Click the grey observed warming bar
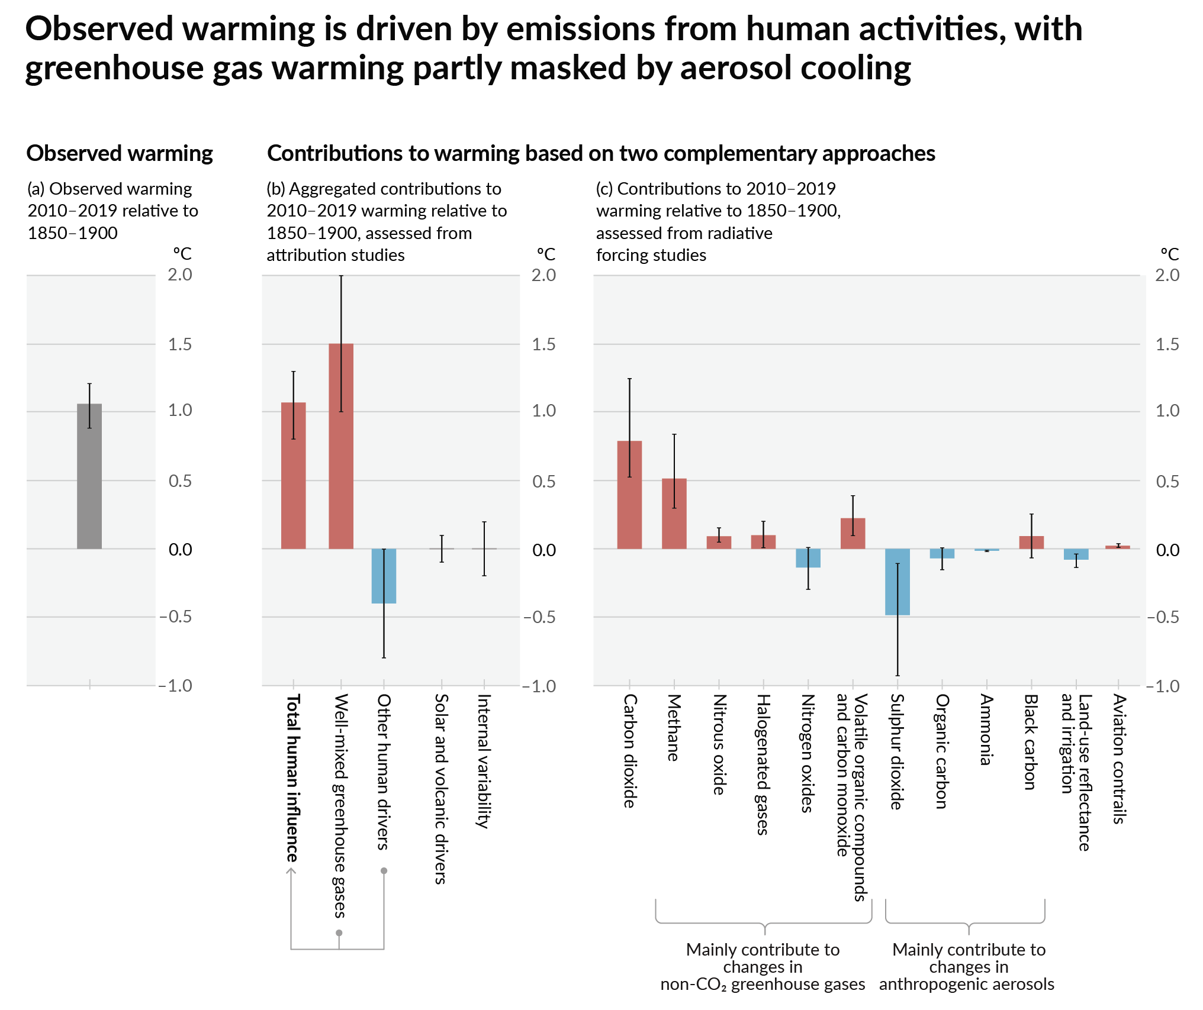point(89,476)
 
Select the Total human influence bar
point(293,476)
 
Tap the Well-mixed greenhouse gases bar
point(341,446)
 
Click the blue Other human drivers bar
point(384,576)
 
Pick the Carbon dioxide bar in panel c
point(629,495)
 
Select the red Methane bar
point(674,514)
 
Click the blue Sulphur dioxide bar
point(897,582)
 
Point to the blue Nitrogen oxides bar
point(808,558)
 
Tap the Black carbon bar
point(1031,543)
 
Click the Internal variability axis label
point(484,761)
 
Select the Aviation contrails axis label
point(1118,759)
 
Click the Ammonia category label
point(985,730)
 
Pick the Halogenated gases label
point(763,764)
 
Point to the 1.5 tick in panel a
point(180,344)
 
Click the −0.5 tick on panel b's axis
point(539,617)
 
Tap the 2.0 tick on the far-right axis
point(1167,275)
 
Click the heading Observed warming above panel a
point(120,153)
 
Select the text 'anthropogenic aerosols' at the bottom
point(966,984)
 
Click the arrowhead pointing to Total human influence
point(291,871)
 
